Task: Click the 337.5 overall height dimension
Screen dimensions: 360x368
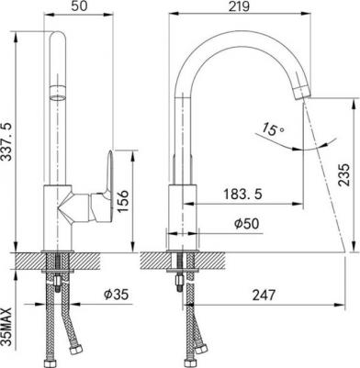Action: [x=6, y=141]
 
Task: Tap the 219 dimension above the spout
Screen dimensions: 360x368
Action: [x=239, y=6]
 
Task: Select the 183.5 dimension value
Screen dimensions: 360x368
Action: [x=242, y=194]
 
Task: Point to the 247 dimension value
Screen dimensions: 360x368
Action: [x=264, y=296]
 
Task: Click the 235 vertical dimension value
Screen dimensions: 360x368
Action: [x=343, y=174]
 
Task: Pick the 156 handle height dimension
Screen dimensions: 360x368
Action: [x=123, y=201]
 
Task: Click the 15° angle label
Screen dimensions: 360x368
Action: [x=273, y=128]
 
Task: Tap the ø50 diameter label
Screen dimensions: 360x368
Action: [x=246, y=224]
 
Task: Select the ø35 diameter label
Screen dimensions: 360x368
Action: [x=116, y=295]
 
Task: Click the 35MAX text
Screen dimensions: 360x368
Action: [x=6, y=327]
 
